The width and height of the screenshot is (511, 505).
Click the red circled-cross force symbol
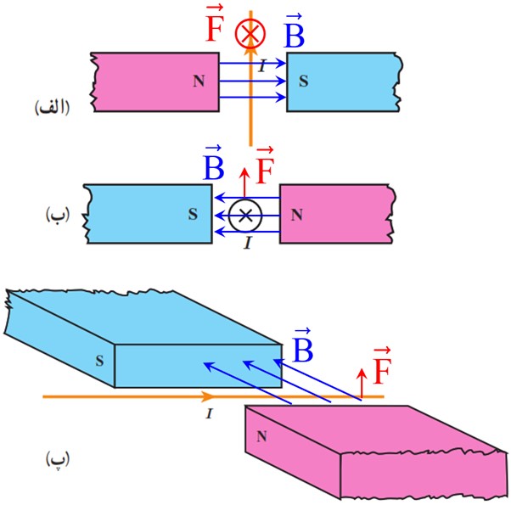coord(250,33)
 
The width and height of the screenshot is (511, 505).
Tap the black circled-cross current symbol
coord(245,216)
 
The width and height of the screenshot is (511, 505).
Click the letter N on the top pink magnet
coord(199,81)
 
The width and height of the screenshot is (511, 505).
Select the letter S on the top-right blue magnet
coord(303,81)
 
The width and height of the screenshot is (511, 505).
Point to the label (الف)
coord(52,108)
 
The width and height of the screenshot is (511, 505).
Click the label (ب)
coord(58,215)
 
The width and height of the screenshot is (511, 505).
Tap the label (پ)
coord(58,460)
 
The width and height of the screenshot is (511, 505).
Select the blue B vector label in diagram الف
coord(294,31)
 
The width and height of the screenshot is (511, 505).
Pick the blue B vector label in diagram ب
coord(213,163)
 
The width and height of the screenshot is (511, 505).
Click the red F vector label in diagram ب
coord(265,166)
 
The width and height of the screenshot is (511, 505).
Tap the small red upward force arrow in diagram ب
coord(244,183)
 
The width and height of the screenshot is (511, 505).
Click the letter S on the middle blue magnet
coord(193,214)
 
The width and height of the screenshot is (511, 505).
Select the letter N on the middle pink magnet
coord(296,215)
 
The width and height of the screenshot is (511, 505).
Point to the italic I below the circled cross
coord(248,243)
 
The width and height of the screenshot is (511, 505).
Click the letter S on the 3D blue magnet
coord(99,361)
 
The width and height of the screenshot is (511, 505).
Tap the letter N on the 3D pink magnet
coord(261,436)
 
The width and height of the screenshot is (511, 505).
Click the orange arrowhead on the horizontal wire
coord(207,396)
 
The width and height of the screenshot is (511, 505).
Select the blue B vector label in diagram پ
coord(302,345)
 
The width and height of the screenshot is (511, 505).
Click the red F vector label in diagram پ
coord(382,366)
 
